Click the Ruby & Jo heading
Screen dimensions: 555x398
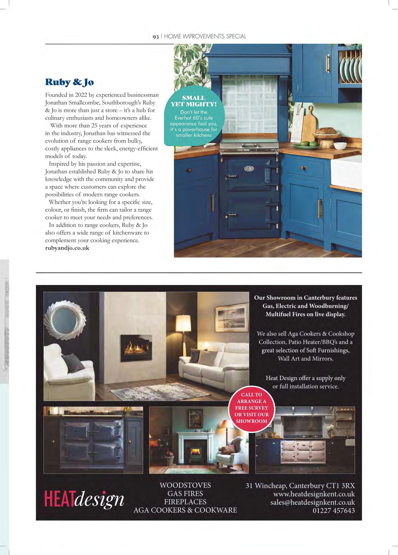pyautogui.click(x=69, y=82)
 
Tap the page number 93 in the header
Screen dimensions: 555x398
pyautogui.click(x=156, y=36)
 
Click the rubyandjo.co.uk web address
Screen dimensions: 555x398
pyautogui.click(x=67, y=248)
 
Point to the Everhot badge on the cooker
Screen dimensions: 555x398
pyautogui.click(x=249, y=168)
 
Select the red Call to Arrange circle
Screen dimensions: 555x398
pyautogui.click(x=252, y=408)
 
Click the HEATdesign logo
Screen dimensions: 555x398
pyautogui.click(x=84, y=499)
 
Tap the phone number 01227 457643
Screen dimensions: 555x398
pyautogui.click(x=334, y=511)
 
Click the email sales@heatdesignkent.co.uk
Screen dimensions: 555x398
pyautogui.click(x=313, y=502)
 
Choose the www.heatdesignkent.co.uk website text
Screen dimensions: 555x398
pyautogui.click(x=314, y=494)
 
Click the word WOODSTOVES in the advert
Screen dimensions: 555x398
pyautogui.click(x=185, y=486)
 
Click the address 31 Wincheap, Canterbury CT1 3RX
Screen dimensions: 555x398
pyautogui.click(x=300, y=486)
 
